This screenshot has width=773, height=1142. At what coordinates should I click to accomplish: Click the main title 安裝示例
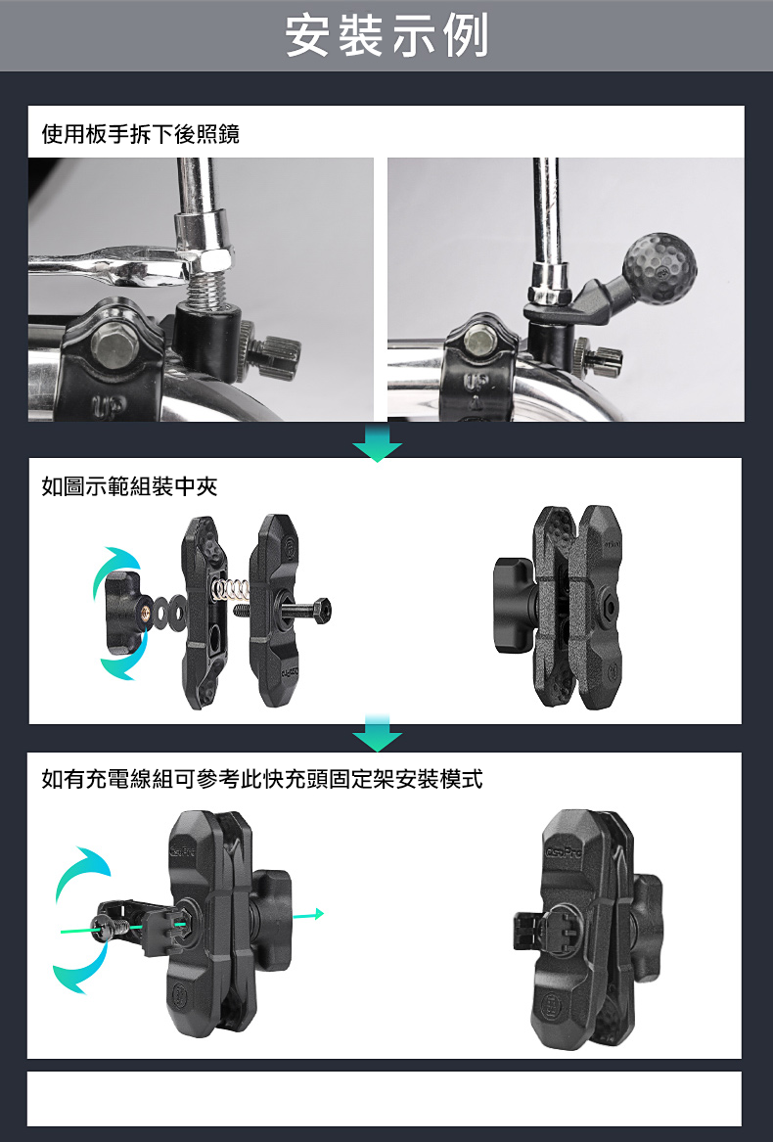(386, 35)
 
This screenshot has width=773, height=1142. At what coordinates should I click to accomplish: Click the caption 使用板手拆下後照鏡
(141, 134)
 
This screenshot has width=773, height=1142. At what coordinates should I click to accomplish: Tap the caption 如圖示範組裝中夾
(130, 485)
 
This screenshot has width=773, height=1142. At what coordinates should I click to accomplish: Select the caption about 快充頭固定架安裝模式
(261, 779)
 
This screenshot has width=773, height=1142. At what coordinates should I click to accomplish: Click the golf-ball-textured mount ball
(660, 268)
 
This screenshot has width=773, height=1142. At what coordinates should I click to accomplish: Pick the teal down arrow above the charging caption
(378, 733)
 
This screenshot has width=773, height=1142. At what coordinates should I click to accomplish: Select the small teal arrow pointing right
(308, 914)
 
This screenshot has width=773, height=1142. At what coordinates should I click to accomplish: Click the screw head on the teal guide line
(101, 926)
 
